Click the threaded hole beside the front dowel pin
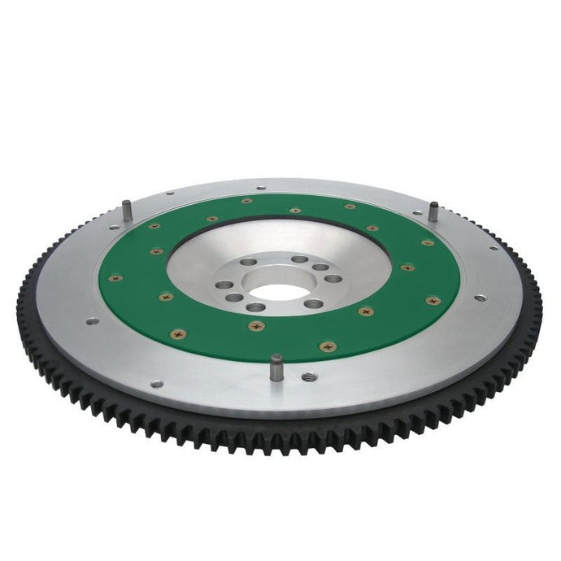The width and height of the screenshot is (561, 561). [309, 377]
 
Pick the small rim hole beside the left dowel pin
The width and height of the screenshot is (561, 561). [169, 194]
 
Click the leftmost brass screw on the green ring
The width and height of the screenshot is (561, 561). [115, 278]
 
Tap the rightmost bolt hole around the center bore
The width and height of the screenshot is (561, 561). [334, 277]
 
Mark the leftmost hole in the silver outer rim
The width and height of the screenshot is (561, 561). [92, 321]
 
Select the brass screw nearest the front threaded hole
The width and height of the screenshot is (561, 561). [327, 346]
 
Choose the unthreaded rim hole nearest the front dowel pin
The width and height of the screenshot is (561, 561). [157, 384]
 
